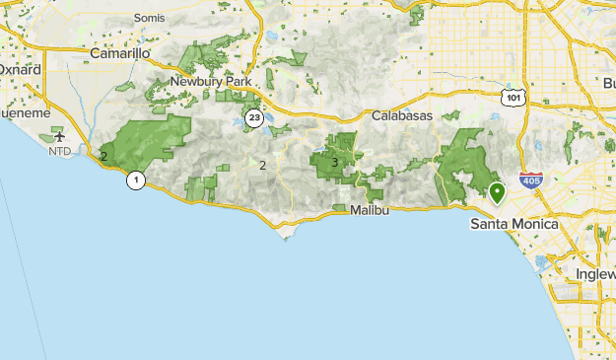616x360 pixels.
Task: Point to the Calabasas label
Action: (x=403, y=115)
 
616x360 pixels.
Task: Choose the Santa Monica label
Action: (x=513, y=224)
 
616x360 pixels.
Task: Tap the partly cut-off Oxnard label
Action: (x=20, y=70)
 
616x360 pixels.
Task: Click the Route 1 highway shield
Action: (x=135, y=180)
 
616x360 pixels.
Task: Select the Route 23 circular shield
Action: (x=255, y=118)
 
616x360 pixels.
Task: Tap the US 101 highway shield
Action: (x=511, y=96)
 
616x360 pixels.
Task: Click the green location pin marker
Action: (x=498, y=191)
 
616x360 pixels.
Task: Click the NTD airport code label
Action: (x=59, y=151)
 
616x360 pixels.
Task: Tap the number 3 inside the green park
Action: (x=335, y=163)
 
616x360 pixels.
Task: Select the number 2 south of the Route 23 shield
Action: (x=262, y=165)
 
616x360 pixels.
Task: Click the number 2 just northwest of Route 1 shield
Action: (x=103, y=156)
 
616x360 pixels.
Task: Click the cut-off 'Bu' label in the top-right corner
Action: (x=607, y=82)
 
